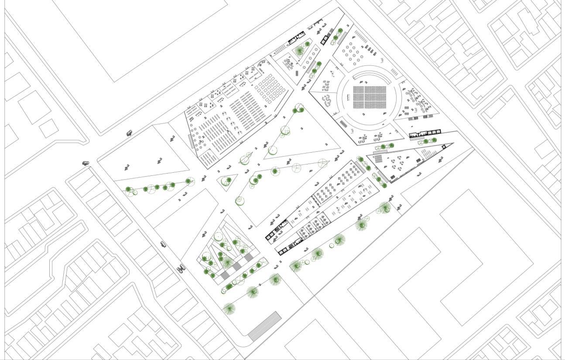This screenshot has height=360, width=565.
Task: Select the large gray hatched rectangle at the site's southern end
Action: coord(264,326)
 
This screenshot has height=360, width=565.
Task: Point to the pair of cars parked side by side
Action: coord(181,268)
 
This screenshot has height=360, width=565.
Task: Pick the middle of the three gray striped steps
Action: coord(236,266)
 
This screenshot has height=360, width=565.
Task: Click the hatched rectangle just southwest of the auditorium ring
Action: coord(344,124)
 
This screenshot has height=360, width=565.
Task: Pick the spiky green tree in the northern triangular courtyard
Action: coord(299,51)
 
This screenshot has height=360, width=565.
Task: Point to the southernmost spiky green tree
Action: coord(229,309)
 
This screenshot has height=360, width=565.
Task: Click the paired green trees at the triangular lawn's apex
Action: coord(298,110)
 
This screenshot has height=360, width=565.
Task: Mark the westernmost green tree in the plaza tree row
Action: coord(128,189)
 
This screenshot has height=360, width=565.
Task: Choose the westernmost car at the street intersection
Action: coord(86,163)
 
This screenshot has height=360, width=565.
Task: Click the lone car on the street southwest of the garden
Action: coord(163,244)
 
